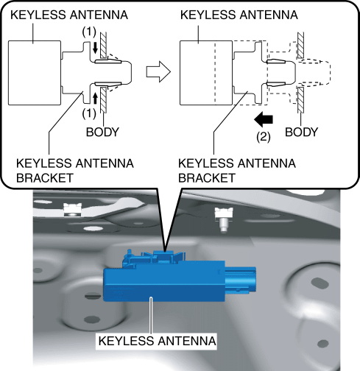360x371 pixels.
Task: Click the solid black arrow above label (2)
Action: pyautogui.click(x=264, y=119)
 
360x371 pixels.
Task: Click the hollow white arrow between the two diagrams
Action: pyautogui.click(x=158, y=71)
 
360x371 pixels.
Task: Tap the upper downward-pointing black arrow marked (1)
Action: pyautogui.click(x=96, y=48)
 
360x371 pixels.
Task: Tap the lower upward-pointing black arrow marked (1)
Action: pyautogui.click(x=96, y=99)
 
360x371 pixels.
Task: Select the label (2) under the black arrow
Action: pyautogui.click(x=264, y=137)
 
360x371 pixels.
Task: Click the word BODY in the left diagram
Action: pyautogui.click(x=102, y=132)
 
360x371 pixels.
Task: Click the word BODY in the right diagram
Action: pyautogui.click(x=301, y=132)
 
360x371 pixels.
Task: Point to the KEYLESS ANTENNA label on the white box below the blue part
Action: pyautogui.click(x=157, y=341)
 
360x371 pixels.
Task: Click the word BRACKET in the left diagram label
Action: pyautogui.click(x=45, y=178)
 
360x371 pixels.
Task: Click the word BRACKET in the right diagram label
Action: pyautogui.click(x=207, y=178)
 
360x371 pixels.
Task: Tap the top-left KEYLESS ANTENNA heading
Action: pyautogui.click(x=69, y=15)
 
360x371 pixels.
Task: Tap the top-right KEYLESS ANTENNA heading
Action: pyautogui.click(x=239, y=15)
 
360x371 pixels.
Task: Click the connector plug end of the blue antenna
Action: pyautogui.click(x=241, y=280)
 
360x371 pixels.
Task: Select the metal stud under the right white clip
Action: pyautogui.click(x=223, y=225)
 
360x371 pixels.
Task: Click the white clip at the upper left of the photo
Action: pyautogui.click(x=72, y=210)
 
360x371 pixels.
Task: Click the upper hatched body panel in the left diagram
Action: pyautogui.click(x=103, y=45)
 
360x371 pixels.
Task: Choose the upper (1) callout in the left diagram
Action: pyautogui.click(x=89, y=32)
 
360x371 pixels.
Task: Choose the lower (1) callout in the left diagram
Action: pyautogui.click(x=89, y=113)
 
